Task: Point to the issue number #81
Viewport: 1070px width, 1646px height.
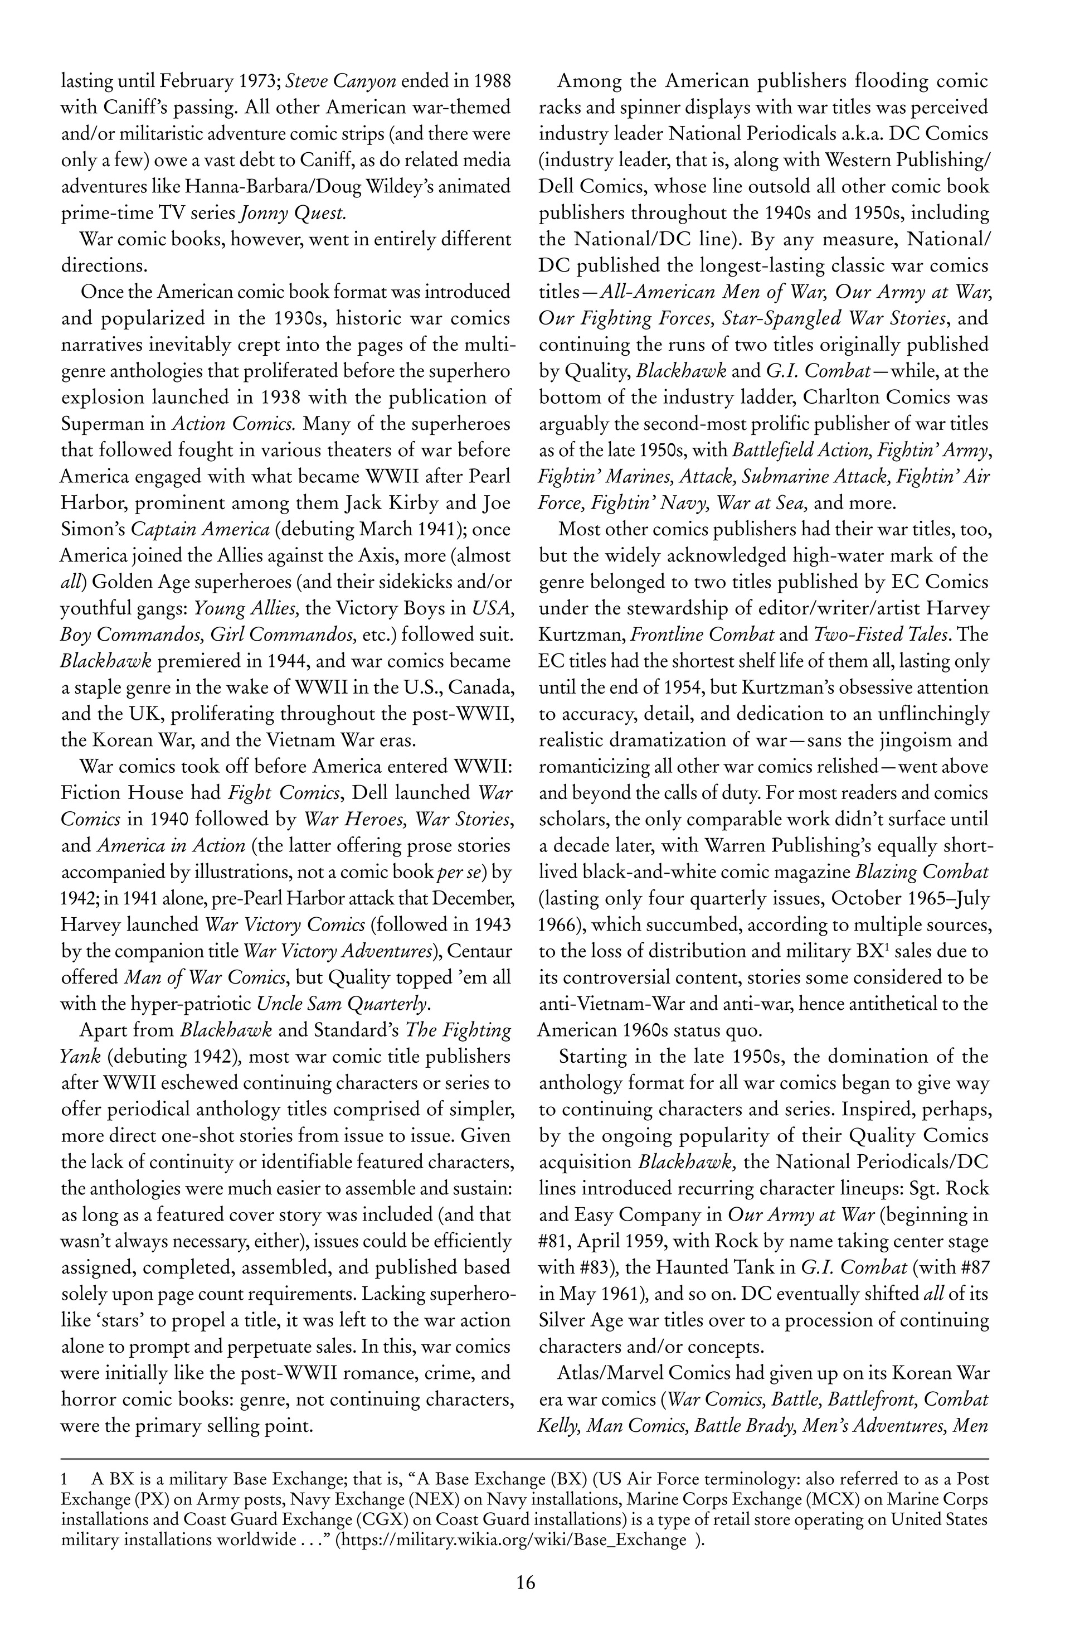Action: (553, 1241)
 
